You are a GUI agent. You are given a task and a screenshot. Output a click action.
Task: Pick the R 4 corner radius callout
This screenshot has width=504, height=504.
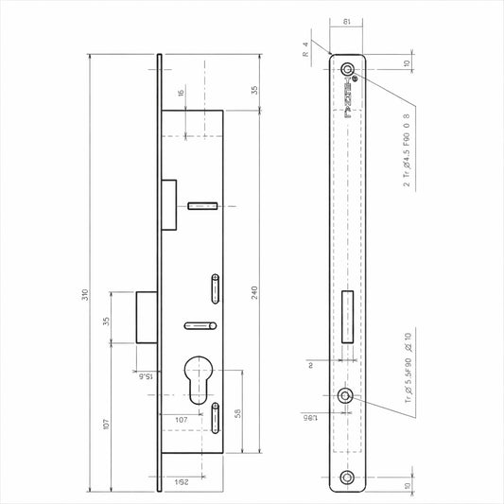(305, 50)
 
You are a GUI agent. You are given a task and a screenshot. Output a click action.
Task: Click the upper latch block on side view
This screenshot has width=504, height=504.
(168, 205)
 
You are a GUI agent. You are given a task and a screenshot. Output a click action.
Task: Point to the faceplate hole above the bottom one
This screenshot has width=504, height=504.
(350, 396)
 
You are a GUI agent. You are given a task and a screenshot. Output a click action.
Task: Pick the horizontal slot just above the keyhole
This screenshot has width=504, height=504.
(201, 325)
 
